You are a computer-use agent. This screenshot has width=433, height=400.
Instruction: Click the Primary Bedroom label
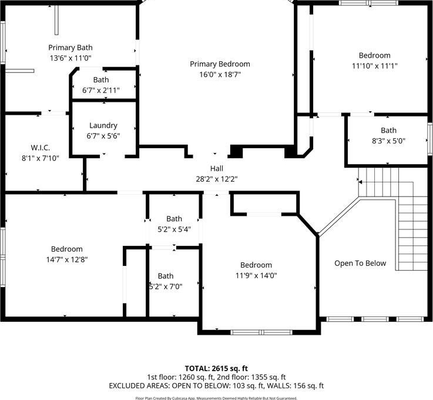[x=220, y=64]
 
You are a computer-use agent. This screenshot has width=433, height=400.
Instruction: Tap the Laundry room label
[x=103, y=125]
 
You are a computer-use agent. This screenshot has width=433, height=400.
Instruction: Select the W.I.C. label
[x=41, y=147]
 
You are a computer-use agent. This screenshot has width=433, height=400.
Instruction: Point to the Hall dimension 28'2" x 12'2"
[x=217, y=179]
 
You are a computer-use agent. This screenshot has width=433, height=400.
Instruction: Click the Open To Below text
[x=360, y=263]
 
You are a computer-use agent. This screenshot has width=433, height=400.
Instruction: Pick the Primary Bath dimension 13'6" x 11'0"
[x=71, y=58]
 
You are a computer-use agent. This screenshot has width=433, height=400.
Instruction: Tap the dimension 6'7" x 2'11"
[x=101, y=90]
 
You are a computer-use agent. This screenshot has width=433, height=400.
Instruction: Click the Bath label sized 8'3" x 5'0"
[x=388, y=130]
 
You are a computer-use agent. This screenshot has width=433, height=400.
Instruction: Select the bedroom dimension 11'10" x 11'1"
[x=374, y=66]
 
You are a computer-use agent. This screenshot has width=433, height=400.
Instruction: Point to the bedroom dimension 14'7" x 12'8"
[x=67, y=259]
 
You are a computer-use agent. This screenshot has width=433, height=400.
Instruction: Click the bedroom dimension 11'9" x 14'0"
[x=256, y=275]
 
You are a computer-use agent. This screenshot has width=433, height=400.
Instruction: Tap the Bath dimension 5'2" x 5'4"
[x=174, y=229]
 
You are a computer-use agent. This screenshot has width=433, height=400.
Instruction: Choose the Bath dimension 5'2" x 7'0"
[x=166, y=286]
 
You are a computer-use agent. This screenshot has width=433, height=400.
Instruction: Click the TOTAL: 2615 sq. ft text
[x=216, y=368]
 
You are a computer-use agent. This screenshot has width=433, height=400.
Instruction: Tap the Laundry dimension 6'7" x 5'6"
[x=103, y=136]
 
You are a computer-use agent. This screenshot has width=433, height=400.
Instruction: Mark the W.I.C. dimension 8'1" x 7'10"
[x=41, y=158]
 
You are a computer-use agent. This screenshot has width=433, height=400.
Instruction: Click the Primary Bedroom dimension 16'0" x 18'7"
[x=220, y=75]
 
